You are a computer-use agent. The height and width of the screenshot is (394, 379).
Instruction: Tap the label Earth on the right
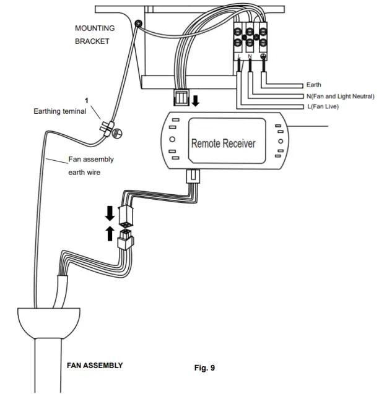[x=314, y=85]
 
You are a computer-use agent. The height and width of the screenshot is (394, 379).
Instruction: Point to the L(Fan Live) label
[x=323, y=106]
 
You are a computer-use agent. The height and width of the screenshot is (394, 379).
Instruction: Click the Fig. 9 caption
[x=204, y=368]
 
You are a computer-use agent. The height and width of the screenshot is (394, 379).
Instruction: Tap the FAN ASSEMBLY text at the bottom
[x=95, y=366]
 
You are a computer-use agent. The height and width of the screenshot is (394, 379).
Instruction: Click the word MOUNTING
[x=95, y=28]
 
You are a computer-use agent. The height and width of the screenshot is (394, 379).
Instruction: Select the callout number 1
[x=87, y=100]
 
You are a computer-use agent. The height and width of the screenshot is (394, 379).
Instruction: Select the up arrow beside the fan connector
[x=110, y=233]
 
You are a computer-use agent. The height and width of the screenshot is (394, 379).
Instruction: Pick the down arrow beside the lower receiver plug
[x=110, y=213]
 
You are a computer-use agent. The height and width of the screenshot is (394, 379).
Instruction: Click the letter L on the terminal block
[x=238, y=56]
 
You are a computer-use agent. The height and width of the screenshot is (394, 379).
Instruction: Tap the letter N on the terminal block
[x=250, y=56]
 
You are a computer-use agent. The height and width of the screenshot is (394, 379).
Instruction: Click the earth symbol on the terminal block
[x=265, y=56]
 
